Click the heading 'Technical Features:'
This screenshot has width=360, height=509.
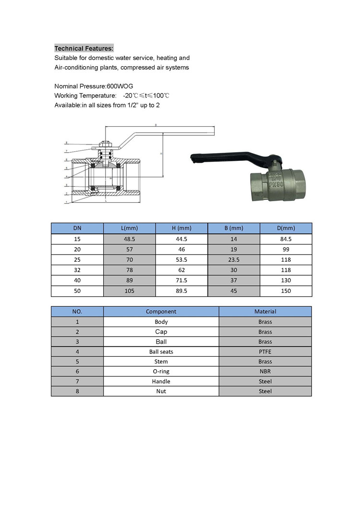[84, 48]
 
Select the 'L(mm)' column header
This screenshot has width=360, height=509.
[130, 228]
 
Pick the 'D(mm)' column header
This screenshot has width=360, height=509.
[286, 228]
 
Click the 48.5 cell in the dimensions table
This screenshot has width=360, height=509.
[130, 239]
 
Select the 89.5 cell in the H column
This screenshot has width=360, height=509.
[181, 291]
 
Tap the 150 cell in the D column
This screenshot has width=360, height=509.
[286, 291]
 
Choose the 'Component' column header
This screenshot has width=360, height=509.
[161, 312]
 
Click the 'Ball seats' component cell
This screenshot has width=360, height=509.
[161, 351]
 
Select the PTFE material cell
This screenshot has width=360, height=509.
[265, 351]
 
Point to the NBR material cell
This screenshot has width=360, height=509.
[265, 371]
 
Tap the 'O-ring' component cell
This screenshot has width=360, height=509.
[161, 371]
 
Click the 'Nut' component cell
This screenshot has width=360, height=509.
[161, 391]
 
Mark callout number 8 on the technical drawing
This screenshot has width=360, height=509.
[66, 143]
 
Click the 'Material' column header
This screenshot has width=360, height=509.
[265, 312]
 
